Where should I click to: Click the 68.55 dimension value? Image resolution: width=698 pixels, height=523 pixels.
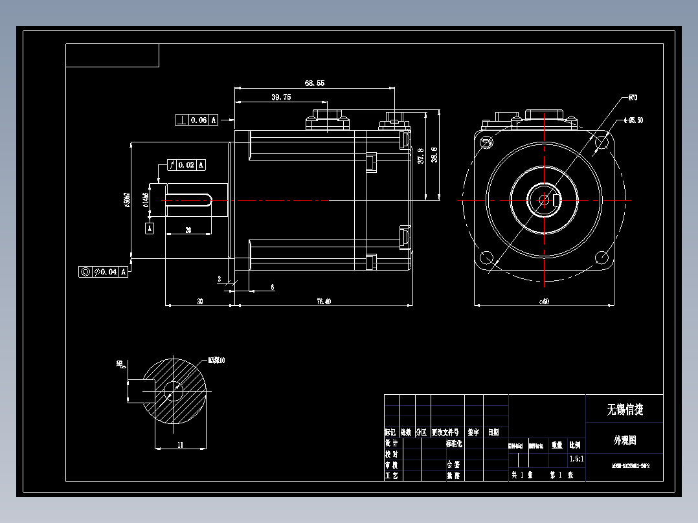click(x=314, y=83)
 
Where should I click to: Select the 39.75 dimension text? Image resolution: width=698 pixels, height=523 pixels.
click(x=281, y=97)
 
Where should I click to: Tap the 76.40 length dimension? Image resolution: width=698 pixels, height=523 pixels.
click(x=323, y=301)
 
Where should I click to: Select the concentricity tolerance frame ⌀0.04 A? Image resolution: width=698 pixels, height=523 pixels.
click(x=104, y=272)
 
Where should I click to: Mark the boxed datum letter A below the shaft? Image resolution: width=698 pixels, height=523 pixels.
click(x=150, y=228)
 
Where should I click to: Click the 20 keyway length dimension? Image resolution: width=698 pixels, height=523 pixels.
click(x=188, y=230)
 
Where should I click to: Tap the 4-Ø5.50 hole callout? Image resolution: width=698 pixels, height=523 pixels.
click(x=633, y=120)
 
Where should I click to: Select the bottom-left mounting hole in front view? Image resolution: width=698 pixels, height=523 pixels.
click(x=486, y=259)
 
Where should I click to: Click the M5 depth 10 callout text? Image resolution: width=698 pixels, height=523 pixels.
click(x=216, y=360)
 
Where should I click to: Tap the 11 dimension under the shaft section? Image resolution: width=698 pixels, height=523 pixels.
click(x=181, y=444)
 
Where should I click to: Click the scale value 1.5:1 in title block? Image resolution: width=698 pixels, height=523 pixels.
click(x=576, y=459)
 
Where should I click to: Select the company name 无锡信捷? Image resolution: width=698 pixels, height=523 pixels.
click(x=624, y=410)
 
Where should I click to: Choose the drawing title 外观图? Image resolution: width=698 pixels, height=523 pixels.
click(x=624, y=440)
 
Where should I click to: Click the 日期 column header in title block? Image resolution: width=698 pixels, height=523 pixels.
click(x=493, y=432)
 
